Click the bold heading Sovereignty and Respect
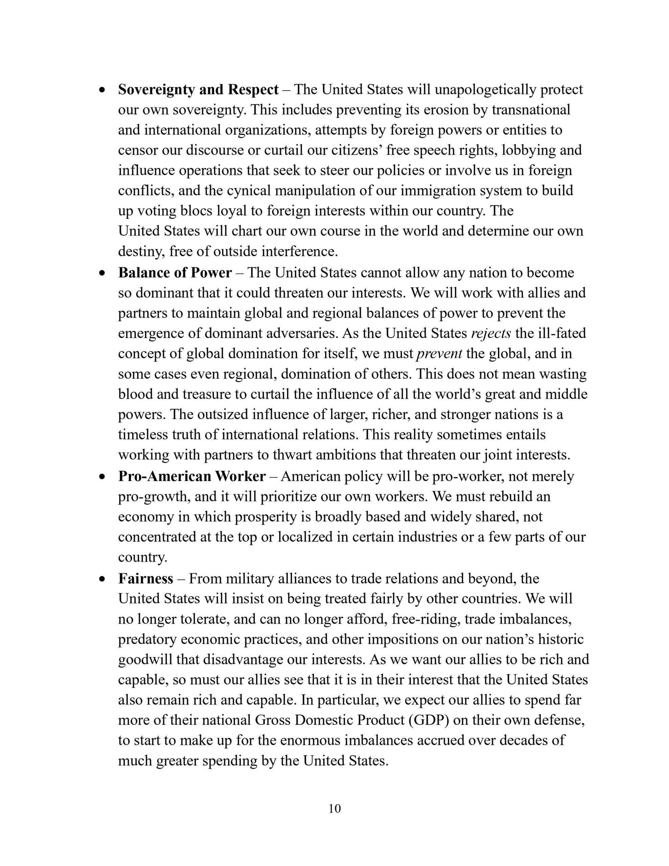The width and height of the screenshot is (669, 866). coord(198,90)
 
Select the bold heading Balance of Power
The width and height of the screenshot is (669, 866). coord(175,273)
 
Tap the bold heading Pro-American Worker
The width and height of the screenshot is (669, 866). coord(192,476)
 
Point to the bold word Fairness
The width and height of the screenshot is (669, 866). coord(145,579)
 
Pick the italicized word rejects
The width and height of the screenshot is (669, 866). coord(490,334)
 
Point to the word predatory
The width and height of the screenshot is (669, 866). coord(147,640)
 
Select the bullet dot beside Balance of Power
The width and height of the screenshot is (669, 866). coord(103,273)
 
